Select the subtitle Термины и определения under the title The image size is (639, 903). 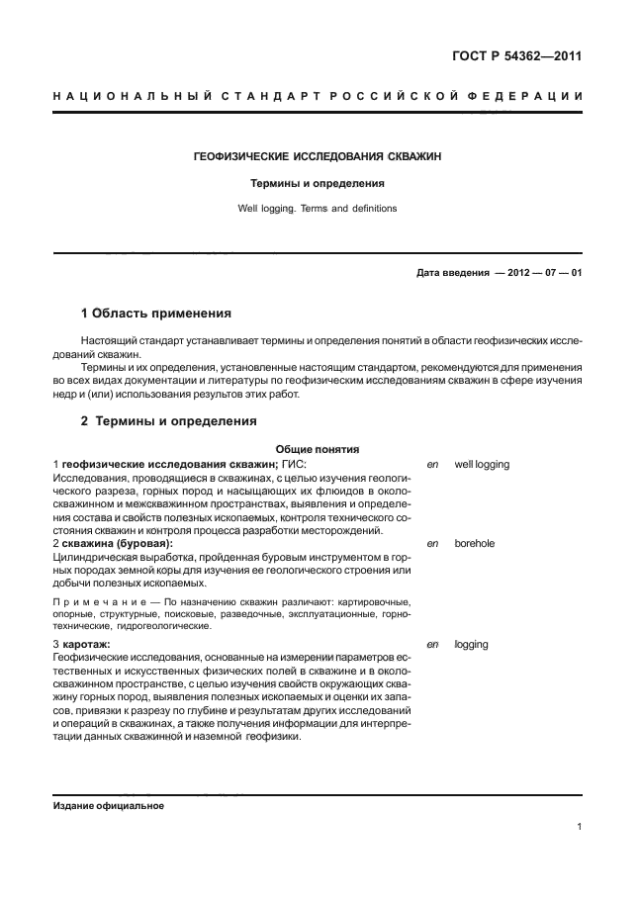click(317, 184)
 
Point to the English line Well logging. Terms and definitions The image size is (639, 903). click(317, 209)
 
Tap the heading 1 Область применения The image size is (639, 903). click(155, 314)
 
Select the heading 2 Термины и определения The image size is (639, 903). click(168, 421)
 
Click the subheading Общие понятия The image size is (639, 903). click(310, 449)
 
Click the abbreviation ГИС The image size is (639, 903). click(294, 464)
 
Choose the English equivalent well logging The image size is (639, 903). click(482, 464)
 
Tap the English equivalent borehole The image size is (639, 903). click(475, 544)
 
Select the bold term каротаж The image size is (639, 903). click(89, 644)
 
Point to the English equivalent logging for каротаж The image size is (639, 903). click(471, 644)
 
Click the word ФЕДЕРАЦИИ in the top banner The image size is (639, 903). click(530, 96)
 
